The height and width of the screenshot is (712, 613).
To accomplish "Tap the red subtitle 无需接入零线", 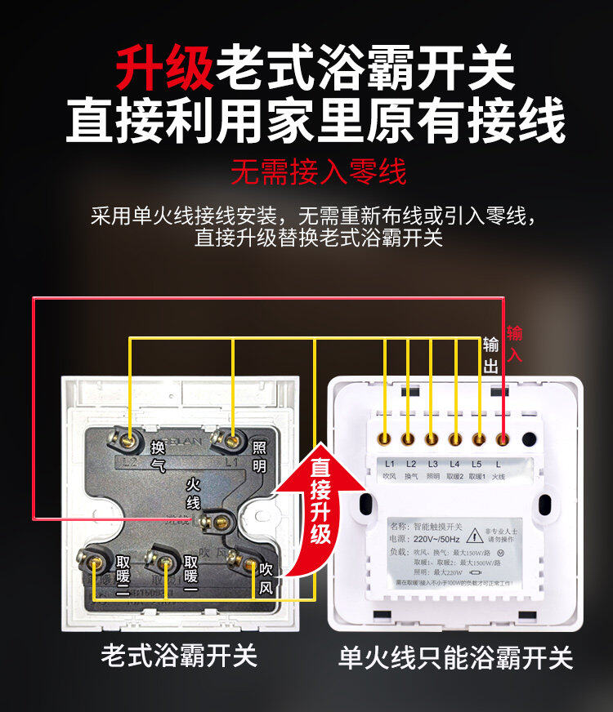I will click(x=319, y=172).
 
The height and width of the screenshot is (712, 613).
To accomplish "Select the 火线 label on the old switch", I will click(x=193, y=494).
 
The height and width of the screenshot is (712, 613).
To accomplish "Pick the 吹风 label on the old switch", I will click(x=265, y=577).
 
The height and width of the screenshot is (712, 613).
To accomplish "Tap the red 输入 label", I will click(x=514, y=344).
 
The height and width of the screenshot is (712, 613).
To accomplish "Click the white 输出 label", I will click(x=490, y=355).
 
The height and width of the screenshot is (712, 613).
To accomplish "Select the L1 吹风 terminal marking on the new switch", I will click(x=389, y=469).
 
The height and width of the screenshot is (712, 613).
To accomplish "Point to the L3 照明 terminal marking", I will click(x=432, y=469).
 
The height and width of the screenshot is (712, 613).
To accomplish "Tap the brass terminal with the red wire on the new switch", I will click(x=503, y=439).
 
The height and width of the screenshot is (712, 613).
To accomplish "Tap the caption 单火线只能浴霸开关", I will click(x=455, y=658).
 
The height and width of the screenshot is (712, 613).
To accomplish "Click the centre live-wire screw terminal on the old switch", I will click(x=218, y=518).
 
